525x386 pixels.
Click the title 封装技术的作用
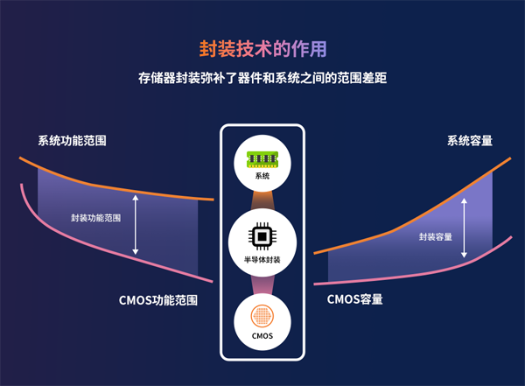(x=262, y=46)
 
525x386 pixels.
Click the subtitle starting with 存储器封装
(x=262, y=78)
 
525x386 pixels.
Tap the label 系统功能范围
(x=78, y=140)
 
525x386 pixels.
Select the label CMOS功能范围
(x=157, y=299)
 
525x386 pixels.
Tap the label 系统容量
(x=469, y=140)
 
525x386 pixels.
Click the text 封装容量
(x=435, y=237)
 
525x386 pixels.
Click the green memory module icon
(x=262, y=158)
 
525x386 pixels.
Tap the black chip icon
(x=262, y=236)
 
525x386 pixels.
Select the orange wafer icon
(x=262, y=316)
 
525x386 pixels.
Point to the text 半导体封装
(x=262, y=260)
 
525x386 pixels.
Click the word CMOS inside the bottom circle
(x=262, y=337)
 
